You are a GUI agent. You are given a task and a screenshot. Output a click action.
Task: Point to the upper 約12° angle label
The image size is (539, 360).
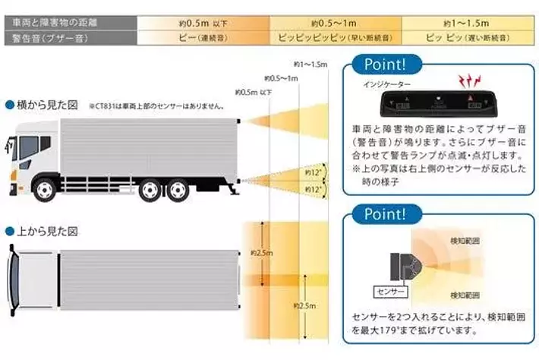pyautogui.click(x=310, y=172)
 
